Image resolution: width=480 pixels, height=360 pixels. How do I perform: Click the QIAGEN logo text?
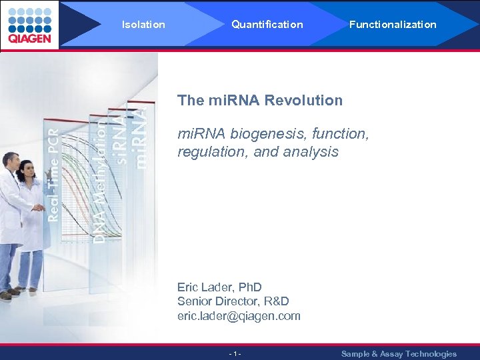[x=29, y=39]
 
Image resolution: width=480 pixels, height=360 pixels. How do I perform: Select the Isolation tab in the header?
[x=143, y=25]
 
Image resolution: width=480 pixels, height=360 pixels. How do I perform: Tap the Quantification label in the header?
[x=267, y=25]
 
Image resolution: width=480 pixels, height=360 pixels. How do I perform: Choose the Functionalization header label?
[x=393, y=25]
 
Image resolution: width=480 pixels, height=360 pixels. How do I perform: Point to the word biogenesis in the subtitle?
[x=266, y=134]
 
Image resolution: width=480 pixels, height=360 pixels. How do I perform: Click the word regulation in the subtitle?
[x=209, y=152]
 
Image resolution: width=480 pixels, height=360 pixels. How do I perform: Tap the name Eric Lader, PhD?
[x=219, y=287]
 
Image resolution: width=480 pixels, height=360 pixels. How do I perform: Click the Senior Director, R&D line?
[x=233, y=301]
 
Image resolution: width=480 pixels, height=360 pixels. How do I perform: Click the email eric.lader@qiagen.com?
[x=239, y=316]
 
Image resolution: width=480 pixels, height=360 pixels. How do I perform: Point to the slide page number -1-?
[x=235, y=354]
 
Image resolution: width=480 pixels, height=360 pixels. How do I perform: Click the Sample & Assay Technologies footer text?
[x=399, y=354]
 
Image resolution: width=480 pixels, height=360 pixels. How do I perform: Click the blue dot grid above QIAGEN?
[x=29, y=19]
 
